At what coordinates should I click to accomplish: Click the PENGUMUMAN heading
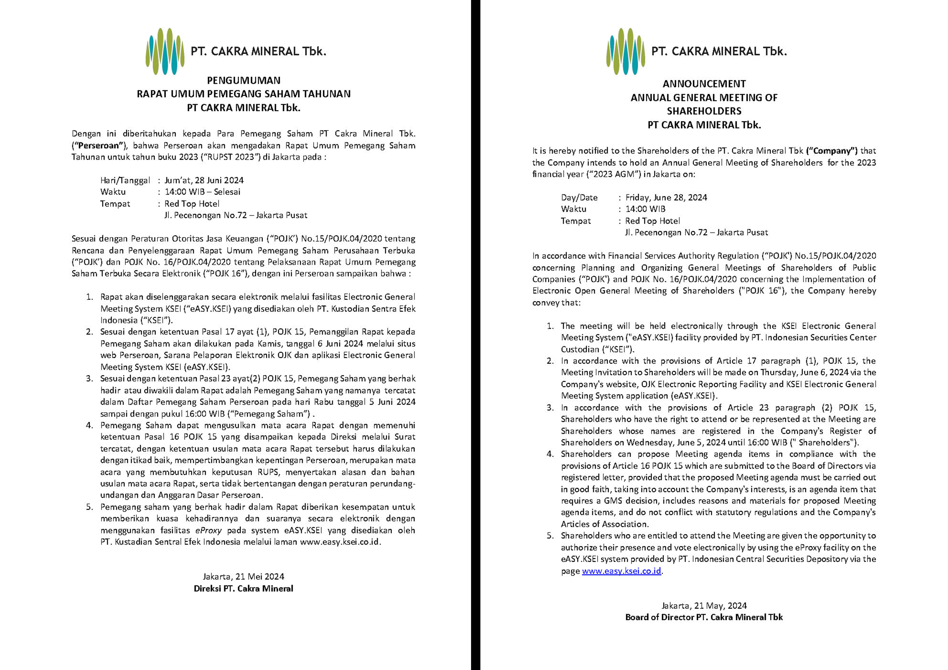point(244,80)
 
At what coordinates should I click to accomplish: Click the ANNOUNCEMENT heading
point(704,84)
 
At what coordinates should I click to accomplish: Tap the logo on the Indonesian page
point(165,52)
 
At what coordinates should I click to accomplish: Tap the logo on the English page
point(625,52)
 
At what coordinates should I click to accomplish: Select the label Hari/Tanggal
point(125,180)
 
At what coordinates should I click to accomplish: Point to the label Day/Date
point(579,198)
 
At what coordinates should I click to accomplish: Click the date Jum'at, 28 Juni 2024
point(204,180)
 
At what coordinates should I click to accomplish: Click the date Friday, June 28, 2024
point(666,198)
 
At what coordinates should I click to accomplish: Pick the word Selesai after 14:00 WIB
point(227,192)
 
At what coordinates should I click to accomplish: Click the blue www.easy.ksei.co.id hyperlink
point(621,571)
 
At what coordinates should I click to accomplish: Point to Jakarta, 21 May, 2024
point(704,606)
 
